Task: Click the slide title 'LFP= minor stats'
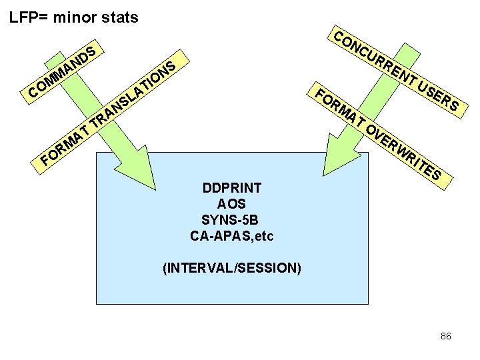[x=73, y=17]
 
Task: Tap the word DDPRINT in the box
[x=232, y=188]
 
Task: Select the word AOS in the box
[x=232, y=204]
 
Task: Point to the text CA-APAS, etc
[x=232, y=236]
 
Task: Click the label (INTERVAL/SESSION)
[x=232, y=269]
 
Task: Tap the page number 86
[x=446, y=336]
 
